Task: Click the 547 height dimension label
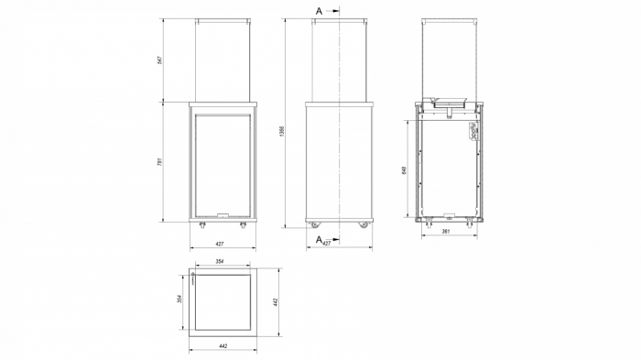coord(159,60)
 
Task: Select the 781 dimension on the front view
coord(159,161)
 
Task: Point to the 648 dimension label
coord(404,169)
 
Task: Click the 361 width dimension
coord(445,233)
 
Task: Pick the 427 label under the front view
coord(220,245)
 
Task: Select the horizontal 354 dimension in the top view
coord(220,263)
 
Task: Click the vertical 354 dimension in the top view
coord(180,301)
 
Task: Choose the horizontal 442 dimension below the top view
coord(223,346)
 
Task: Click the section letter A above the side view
coord(319,10)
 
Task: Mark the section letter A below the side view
coord(319,239)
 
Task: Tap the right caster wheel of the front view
coord(243,224)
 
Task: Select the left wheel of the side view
coord(314,224)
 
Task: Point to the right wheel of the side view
coord(363,224)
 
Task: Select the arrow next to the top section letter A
coord(332,10)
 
